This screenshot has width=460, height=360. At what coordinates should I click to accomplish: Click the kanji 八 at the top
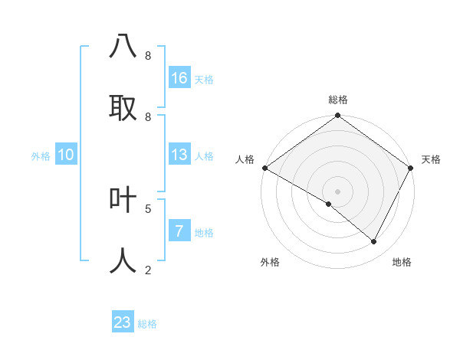[x=123, y=46]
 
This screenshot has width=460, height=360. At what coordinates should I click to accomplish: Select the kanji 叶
[x=123, y=199]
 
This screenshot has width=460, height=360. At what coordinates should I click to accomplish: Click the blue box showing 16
[x=179, y=78]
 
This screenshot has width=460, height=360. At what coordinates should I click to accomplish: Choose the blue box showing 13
[x=179, y=155]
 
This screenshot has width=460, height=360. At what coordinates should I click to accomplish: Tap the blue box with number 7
[x=179, y=231]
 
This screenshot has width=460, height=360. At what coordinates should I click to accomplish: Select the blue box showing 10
[x=66, y=155]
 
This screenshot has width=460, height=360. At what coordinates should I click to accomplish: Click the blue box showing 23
[x=123, y=322]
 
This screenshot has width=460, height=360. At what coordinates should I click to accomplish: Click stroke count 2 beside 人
[x=147, y=270]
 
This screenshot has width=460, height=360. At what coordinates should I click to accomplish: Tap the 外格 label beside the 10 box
[x=41, y=156]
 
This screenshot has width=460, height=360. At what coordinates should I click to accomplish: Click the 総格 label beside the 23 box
[x=147, y=324]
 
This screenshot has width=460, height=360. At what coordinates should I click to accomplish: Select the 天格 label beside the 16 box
[x=204, y=80]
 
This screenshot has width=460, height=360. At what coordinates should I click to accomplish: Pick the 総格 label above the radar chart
[x=337, y=100]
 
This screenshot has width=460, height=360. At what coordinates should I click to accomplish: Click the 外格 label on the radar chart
[x=270, y=262]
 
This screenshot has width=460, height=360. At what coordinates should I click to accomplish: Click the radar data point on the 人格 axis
[x=264, y=168]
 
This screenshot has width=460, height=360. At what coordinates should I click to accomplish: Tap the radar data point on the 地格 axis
[x=374, y=242]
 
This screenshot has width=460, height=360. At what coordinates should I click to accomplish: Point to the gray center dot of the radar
[x=337, y=191]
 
